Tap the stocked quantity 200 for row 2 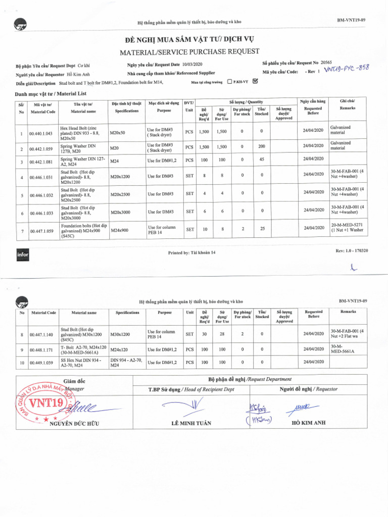tap(261, 147)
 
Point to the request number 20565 tap(326, 63)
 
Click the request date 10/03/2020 tap(191, 64)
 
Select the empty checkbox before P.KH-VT tap(230, 81)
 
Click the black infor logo tap(23, 255)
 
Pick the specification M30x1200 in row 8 tap(120, 334)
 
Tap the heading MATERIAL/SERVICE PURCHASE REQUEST tap(189, 51)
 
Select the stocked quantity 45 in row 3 tap(261, 161)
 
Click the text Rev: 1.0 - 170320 tap(352, 250)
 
